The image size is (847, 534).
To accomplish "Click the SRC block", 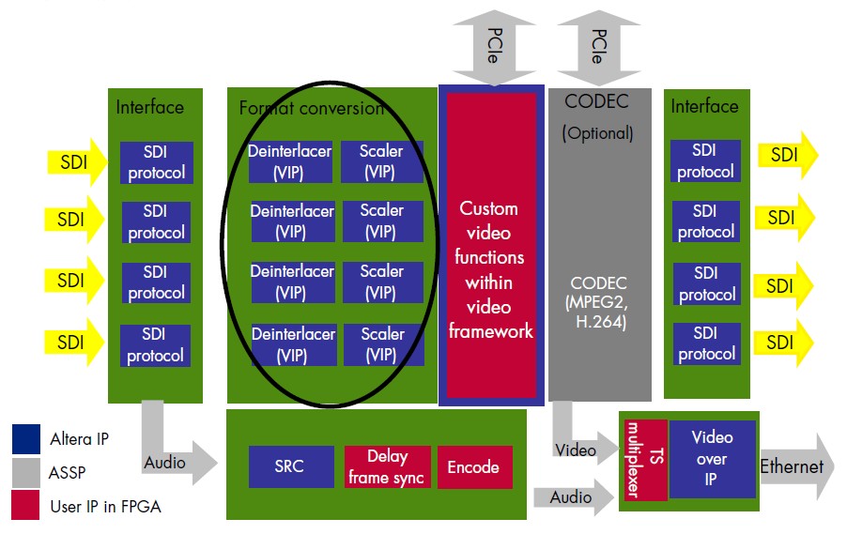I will pos(289,465).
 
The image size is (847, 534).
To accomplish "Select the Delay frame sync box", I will pos(387,466).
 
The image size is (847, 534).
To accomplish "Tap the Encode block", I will pos(473,466).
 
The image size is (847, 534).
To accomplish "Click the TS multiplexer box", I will pos(643,459).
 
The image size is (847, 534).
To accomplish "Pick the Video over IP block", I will pos(711,459).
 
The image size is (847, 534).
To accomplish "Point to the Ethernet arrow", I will pos(793,466).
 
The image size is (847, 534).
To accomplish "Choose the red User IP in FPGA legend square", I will pos(26,508).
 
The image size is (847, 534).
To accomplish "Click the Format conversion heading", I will pos(311,108).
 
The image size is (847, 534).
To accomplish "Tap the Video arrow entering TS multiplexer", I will pos(576,441).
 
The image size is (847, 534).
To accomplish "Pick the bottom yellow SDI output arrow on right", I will pos(786,342).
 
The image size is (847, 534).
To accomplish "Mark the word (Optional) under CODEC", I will pos(598,132).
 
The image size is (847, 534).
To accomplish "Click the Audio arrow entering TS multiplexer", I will pos(576,496).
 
